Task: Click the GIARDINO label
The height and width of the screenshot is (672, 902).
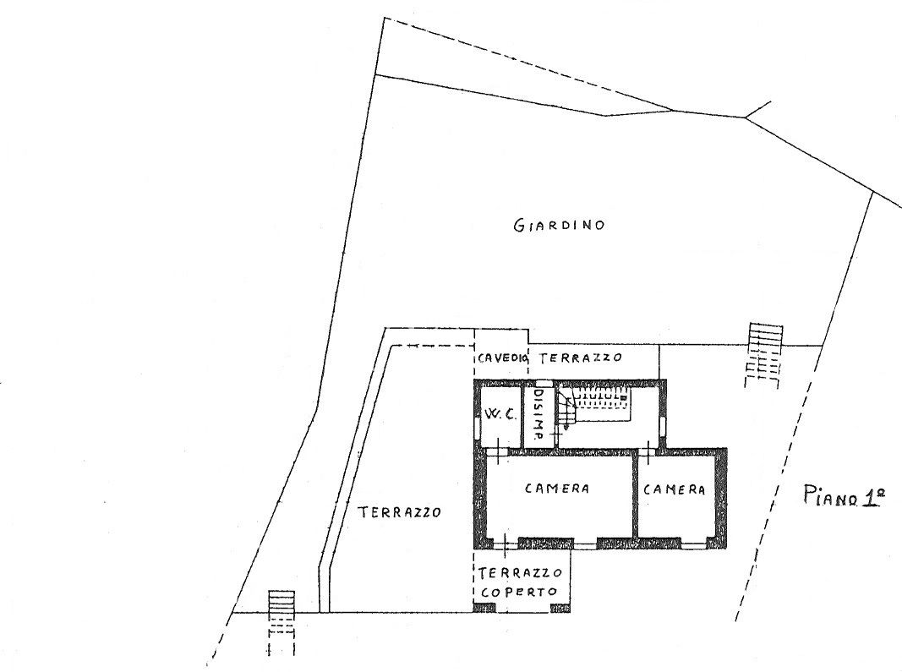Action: click(559, 224)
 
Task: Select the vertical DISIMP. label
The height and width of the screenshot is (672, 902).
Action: click(538, 413)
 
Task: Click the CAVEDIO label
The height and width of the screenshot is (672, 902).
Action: click(502, 358)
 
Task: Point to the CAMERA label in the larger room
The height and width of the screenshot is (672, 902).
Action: click(557, 489)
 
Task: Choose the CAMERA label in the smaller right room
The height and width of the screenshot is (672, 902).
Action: click(675, 489)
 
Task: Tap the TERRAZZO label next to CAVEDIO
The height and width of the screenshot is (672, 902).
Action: click(581, 358)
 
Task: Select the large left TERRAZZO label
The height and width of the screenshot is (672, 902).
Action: click(399, 511)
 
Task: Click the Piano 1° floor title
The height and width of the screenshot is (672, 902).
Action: click(844, 496)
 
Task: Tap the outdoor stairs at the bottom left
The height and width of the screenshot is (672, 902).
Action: click(282, 623)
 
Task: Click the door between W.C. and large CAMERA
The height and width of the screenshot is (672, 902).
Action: click(498, 451)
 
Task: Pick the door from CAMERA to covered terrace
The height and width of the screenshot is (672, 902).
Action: click(505, 544)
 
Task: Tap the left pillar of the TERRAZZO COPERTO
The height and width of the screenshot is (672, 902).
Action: click(484, 608)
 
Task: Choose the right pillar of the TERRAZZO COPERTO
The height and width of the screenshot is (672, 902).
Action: click(560, 608)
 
